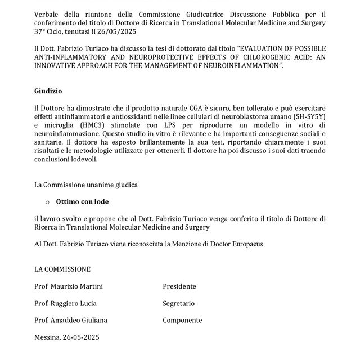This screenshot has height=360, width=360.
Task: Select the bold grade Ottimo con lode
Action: tap(83, 201)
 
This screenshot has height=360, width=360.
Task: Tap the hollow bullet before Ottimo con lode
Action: tap(47, 202)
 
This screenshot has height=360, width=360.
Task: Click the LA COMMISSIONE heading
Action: tap(62, 269)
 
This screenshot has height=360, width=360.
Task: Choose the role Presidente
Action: tap(179, 286)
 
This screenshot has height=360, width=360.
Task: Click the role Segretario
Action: tap(179, 303)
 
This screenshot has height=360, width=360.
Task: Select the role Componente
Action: tap(182, 320)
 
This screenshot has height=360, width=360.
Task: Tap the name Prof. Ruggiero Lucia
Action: tap(65, 303)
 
